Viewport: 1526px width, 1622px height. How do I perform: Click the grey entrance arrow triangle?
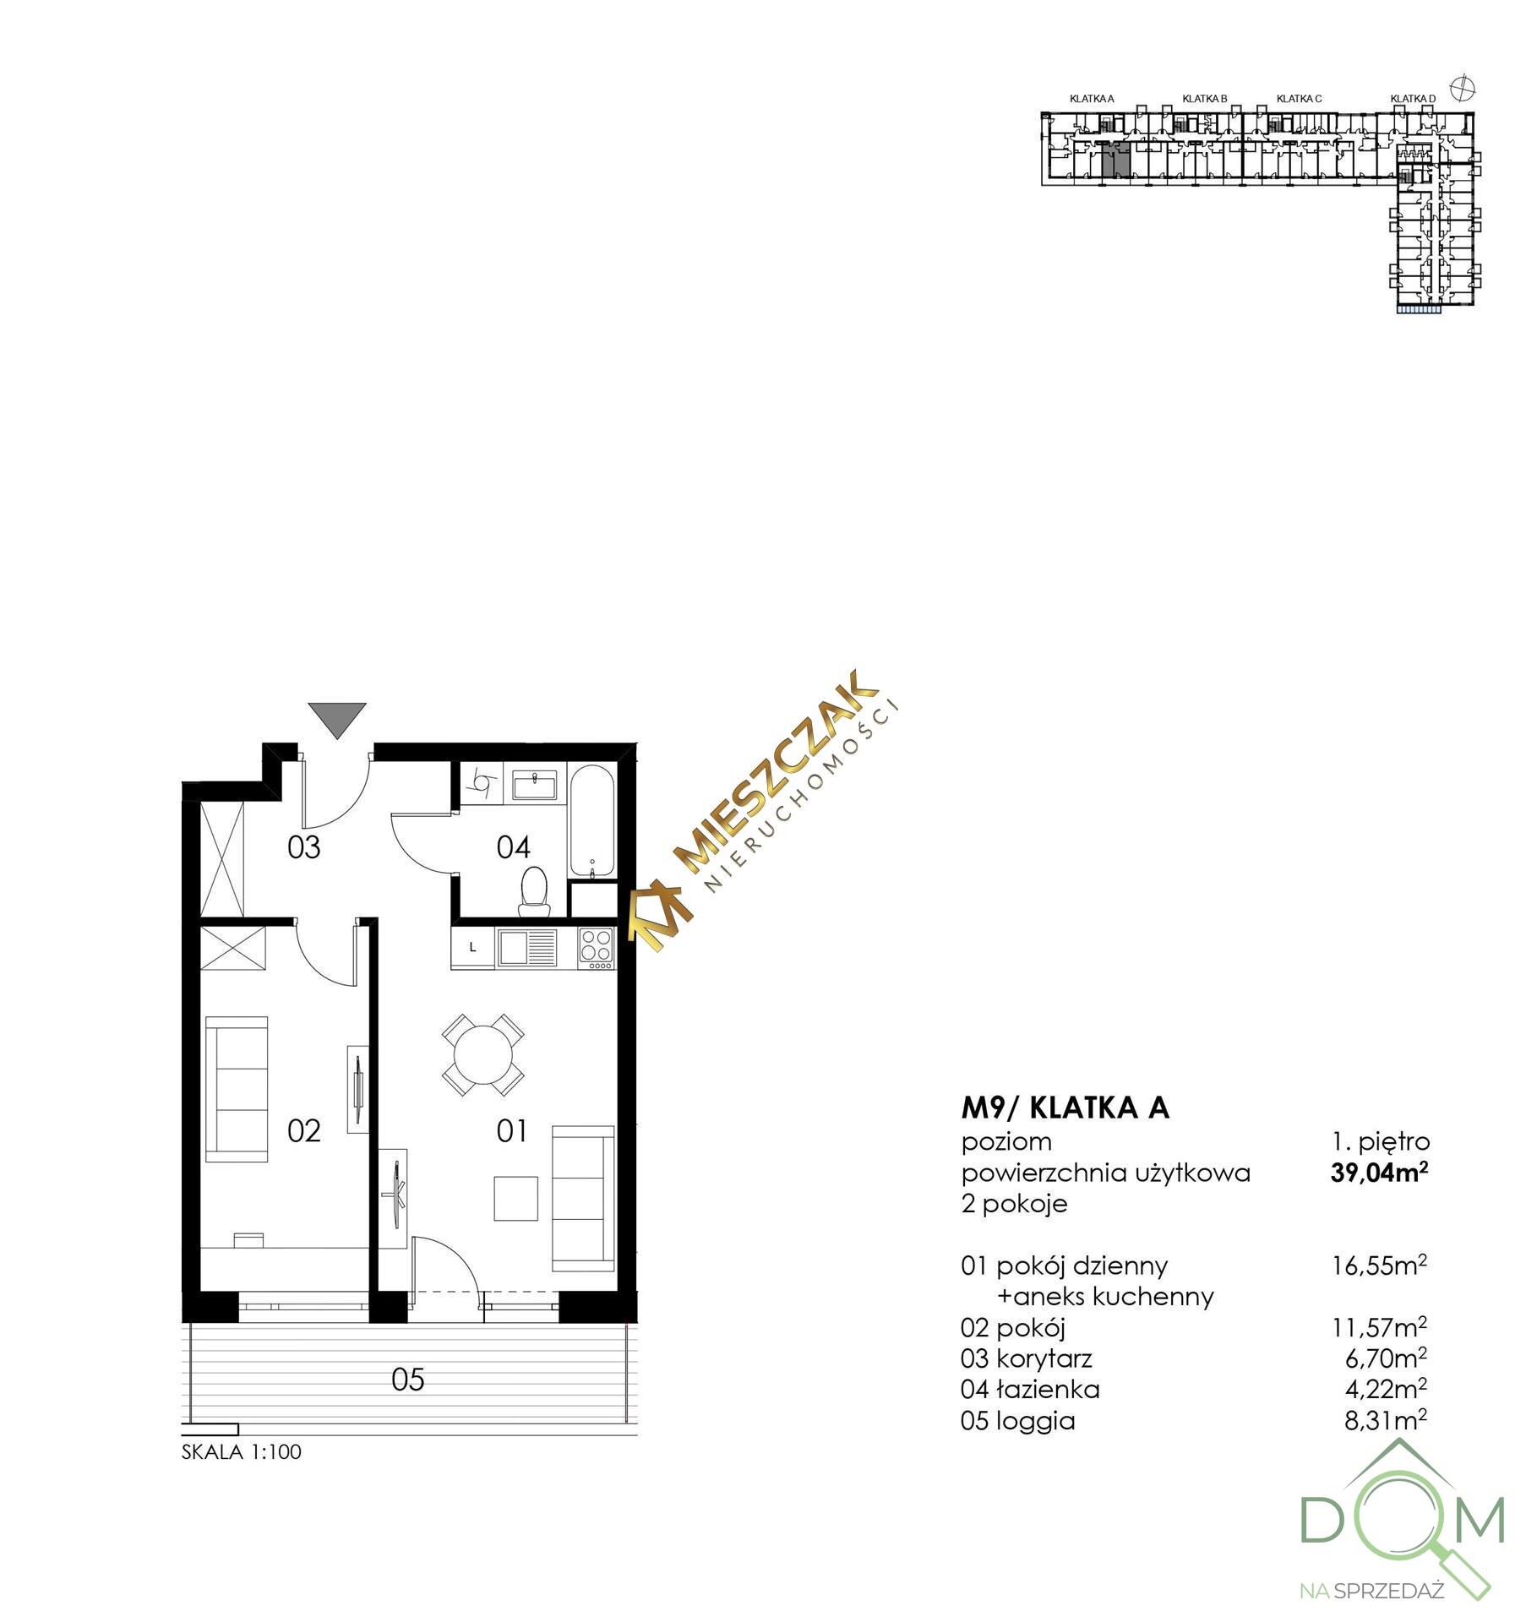337,716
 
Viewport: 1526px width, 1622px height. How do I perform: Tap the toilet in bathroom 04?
533,892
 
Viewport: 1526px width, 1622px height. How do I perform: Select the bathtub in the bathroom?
593,821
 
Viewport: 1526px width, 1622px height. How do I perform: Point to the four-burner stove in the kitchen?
597,947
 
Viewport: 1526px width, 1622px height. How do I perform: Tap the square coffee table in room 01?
515,1198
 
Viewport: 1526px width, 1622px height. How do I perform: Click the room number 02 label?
304,1130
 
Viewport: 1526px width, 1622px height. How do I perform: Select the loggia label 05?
408,1380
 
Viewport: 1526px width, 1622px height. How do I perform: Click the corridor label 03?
304,846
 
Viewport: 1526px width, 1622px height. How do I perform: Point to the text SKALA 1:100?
242,1452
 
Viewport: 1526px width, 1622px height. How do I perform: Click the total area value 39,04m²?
1379,1173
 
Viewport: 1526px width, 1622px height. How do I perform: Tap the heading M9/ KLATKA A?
1065,1108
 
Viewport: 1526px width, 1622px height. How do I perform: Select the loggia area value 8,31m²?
1386,1420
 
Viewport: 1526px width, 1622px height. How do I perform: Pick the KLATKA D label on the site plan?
1413,99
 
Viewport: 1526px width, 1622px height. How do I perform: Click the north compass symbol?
1461,86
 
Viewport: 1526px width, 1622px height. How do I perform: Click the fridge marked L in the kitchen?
473,948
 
